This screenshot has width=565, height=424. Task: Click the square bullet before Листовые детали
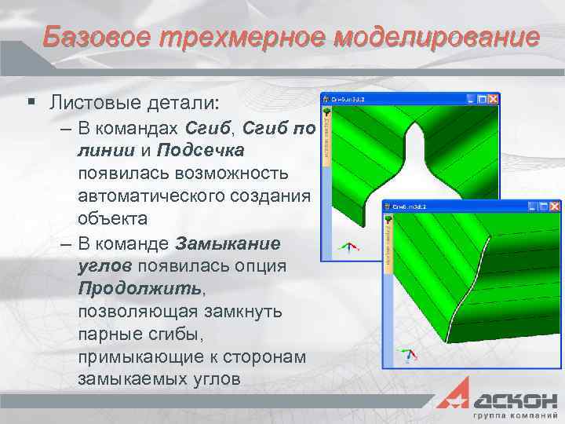31,102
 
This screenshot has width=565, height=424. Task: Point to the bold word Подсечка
200,149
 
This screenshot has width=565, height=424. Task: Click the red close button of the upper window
493,99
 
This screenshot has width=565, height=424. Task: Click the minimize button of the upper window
471,99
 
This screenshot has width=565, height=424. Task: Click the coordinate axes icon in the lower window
407,353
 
